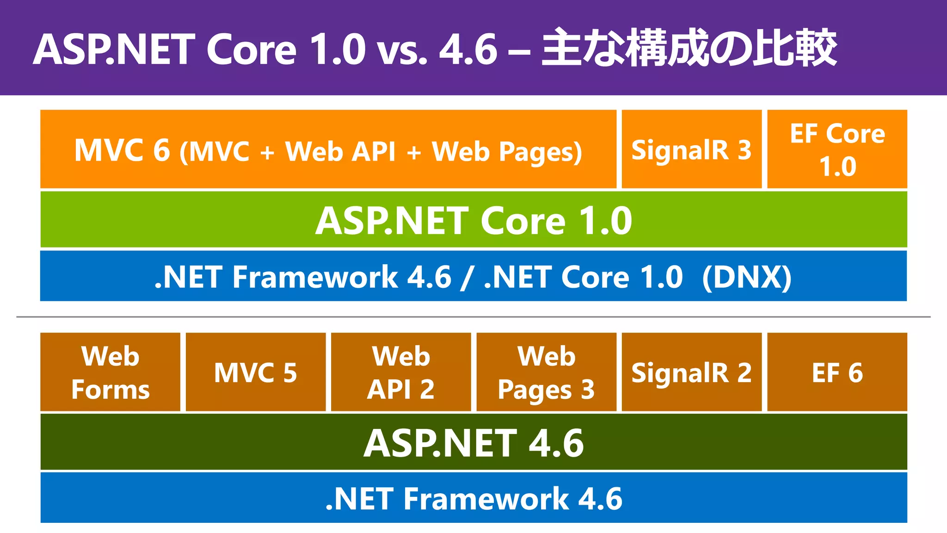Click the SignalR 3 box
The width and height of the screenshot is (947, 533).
coord(691,149)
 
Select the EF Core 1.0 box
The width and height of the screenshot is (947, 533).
coord(837,149)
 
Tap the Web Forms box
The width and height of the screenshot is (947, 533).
coord(110,372)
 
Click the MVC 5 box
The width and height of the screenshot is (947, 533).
coord(255,372)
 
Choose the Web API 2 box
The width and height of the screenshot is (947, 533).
coord(401,372)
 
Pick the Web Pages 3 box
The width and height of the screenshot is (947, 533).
coord(546,372)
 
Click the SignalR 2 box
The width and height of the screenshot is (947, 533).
coord(691,372)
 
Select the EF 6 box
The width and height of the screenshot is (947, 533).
coord(837,372)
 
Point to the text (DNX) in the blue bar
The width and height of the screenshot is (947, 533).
coord(746,277)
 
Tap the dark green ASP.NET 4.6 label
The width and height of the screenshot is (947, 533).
coord(473,443)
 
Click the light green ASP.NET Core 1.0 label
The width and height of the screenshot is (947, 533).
coord(473,220)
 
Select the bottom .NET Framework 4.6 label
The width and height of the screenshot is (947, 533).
coord(473,499)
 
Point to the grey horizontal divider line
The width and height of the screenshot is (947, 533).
coord(473,317)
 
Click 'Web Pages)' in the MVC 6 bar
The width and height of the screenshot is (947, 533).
coord(507,152)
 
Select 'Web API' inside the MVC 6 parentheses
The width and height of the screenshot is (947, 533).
coord(340,151)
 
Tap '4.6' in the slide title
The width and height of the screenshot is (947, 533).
coord(468,49)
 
